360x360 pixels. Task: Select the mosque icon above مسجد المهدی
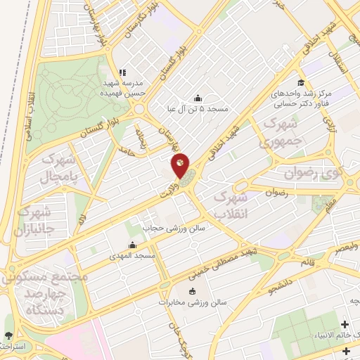[132, 245]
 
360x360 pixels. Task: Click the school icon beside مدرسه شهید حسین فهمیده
[122, 72]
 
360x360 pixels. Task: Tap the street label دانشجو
[283, 287]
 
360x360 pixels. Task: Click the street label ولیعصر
[345, 247]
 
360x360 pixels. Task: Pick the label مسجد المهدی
[132, 257]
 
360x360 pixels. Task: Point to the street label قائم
[307, 262]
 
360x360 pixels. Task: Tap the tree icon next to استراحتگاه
[8, 336]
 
